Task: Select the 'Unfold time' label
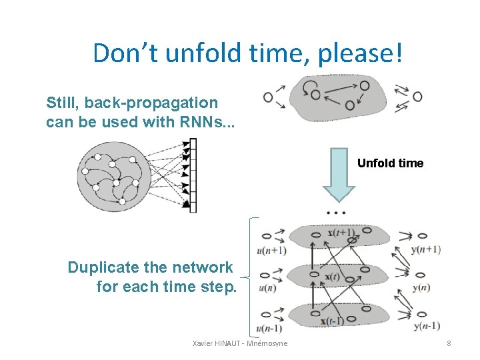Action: (390, 163)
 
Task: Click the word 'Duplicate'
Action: (102, 268)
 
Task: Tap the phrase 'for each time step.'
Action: (166, 287)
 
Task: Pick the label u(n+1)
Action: (271, 251)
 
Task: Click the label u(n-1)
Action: (269, 328)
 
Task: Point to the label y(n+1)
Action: (426, 249)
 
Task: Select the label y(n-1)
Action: (426, 326)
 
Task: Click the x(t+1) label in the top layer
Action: (341, 233)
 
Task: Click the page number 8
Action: (449, 343)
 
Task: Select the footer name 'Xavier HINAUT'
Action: (216, 343)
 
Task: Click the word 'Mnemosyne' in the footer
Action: (267, 343)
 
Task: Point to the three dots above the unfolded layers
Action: (336, 213)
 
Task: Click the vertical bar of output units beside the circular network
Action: (193, 175)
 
